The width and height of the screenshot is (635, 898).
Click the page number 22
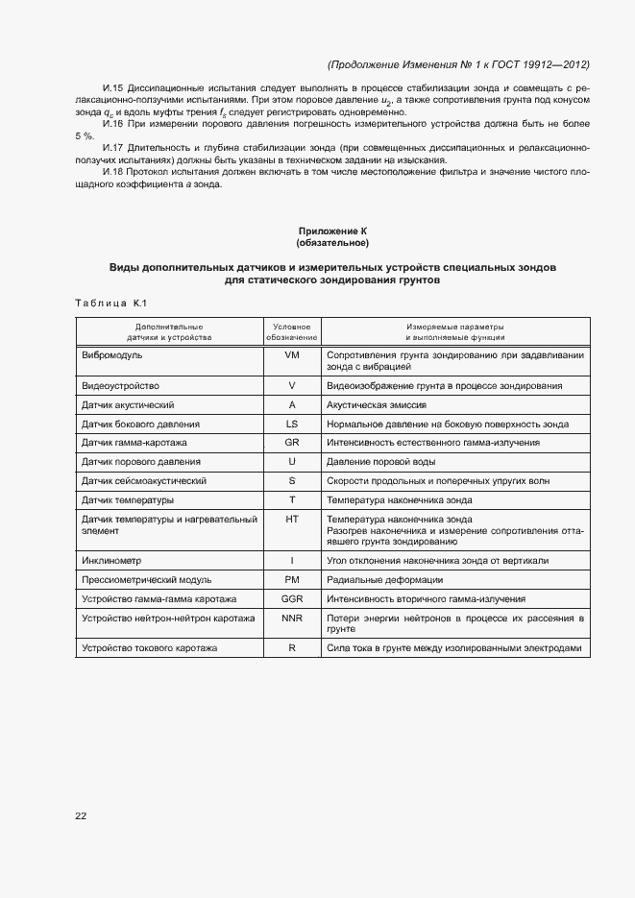pos(81,816)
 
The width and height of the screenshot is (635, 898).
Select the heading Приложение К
pos(332,231)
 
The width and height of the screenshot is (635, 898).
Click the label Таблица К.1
pos(110,303)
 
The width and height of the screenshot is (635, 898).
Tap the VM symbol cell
pos(292,354)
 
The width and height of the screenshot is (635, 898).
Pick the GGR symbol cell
pos(292,597)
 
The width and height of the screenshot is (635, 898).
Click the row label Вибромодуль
pos(112,354)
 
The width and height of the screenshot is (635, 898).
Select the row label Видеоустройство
pos(121,385)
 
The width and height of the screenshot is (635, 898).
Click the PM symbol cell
pos(292,579)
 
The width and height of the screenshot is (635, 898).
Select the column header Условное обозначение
pos(292,331)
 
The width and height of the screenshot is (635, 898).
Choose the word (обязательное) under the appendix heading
pos(332,243)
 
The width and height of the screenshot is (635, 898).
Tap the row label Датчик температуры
pos(128,500)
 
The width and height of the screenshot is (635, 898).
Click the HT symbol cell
pos(292,520)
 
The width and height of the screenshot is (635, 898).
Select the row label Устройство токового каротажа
pos(150,648)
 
